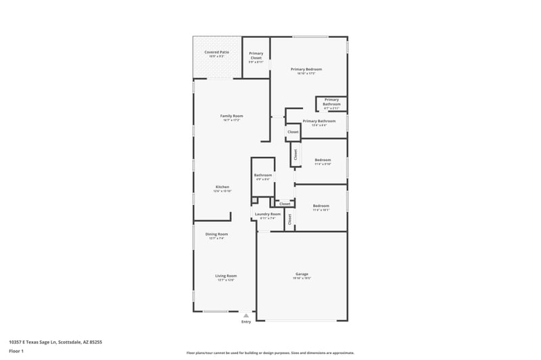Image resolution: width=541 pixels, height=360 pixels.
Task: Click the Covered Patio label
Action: [x=216, y=51]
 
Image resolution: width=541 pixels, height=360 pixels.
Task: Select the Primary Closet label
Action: [x=256, y=55]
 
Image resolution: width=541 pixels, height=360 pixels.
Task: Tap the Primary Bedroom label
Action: [x=306, y=69]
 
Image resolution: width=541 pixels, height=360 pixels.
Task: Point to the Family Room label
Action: [x=231, y=116]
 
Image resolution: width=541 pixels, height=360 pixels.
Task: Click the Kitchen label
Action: [x=222, y=187]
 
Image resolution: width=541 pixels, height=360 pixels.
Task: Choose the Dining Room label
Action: [x=216, y=234]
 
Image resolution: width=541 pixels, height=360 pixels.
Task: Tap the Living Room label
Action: [x=226, y=275]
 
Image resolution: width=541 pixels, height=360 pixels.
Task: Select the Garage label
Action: [x=302, y=274]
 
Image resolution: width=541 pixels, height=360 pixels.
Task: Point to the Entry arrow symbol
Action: [x=246, y=315]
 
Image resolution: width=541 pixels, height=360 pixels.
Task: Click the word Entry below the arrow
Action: [x=246, y=321]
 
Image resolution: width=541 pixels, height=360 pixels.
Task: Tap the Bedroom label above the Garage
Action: [x=321, y=206]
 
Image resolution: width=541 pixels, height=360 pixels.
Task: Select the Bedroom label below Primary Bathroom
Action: [x=322, y=160]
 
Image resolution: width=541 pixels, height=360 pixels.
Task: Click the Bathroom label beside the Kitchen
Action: [x=262, y=175]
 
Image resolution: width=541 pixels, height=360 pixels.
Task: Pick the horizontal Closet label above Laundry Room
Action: [x=285, y=204]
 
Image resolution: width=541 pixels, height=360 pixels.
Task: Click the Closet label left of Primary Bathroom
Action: [x=293, y=132]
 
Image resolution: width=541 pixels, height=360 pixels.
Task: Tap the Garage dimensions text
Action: [x=302, y=278]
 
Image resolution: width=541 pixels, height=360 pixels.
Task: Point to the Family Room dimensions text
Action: [x=231, y=120]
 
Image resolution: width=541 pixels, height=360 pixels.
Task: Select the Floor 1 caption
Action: [x=17, y=351]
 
